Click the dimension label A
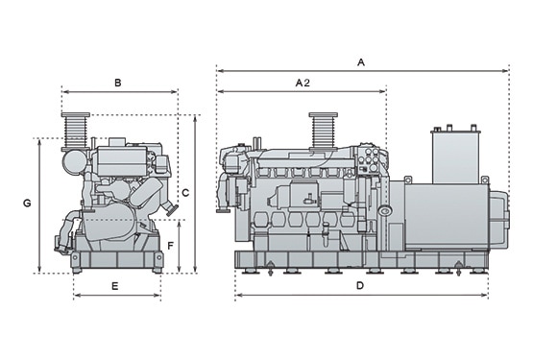click(361, 62)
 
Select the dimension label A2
click(303, 83)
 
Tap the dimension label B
click(117, 83)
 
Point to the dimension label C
click(185, 193)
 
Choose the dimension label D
click(360, 285)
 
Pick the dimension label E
click(115, 286)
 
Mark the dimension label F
click(171, 246)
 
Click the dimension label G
click(27, 204)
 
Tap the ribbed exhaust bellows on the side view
click(324, 132)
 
